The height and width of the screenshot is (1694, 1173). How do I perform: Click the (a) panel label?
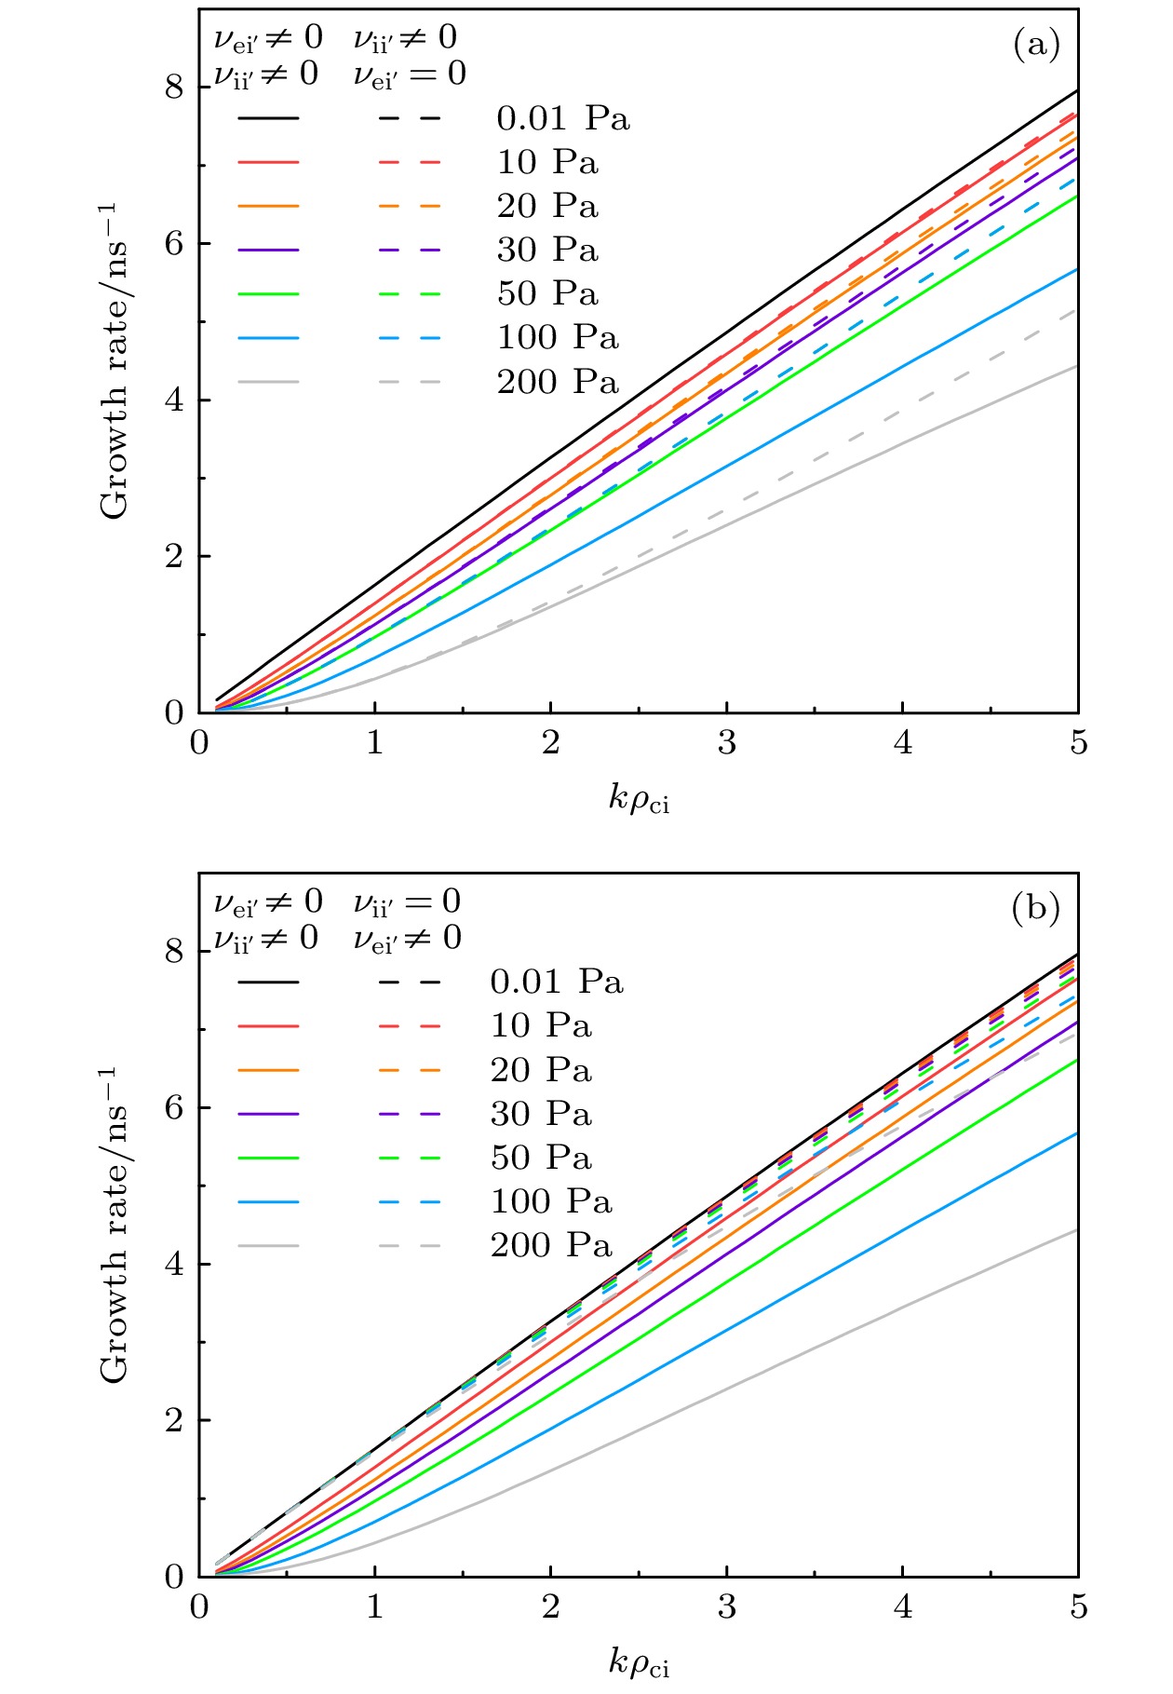(1036, 44)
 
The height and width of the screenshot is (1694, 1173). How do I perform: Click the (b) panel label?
(1036, 907)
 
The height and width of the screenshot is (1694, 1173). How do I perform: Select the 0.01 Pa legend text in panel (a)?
(563, 118)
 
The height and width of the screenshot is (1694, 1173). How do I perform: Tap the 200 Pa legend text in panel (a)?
(558, 381)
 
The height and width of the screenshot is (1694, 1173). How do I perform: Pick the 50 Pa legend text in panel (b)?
(541, 1158)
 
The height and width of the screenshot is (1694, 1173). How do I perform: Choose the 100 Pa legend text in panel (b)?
(551, 1201)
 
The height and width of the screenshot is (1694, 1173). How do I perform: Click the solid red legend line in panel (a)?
(268, 162)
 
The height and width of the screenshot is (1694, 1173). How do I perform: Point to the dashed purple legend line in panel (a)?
(410, 250)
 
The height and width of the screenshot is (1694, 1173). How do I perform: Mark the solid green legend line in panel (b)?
(268, 1158)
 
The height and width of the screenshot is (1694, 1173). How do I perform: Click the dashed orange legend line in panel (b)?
(410, 1070)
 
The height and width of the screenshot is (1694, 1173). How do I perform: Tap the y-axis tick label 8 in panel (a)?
(174, 88)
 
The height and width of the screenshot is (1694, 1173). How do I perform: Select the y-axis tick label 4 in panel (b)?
(174, 1265)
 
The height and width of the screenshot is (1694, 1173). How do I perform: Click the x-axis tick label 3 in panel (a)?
(726, 743)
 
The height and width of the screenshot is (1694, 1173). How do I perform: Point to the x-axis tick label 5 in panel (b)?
(1078, 1607)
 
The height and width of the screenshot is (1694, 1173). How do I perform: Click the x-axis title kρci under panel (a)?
(639, 799)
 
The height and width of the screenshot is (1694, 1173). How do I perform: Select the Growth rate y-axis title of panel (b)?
(115, 1225)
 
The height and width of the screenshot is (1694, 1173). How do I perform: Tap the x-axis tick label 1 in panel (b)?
(374, 1607)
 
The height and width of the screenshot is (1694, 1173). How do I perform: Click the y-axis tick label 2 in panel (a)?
(174, 557)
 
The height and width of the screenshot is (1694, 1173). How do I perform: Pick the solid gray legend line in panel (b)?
(268, 1245)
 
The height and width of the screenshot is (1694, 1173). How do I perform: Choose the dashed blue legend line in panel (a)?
(410, 337)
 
